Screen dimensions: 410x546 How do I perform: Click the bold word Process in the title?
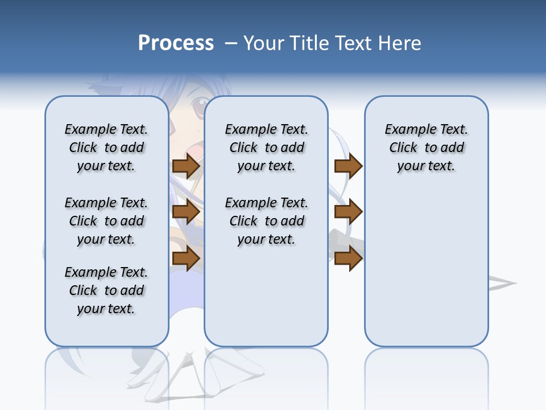[x=176, y=43]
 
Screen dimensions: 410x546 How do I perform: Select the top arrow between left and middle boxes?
[x=186, y=166]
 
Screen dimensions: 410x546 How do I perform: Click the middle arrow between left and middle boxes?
[x=186, y=212]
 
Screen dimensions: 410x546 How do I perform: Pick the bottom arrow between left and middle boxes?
[x=186, y=258]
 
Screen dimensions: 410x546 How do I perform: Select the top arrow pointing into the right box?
[x=348, y=166]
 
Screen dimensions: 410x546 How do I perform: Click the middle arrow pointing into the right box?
[x=348, y=212]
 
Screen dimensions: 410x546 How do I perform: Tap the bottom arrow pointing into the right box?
[x=348, y=258]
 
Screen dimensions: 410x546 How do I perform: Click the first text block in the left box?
[x=106, y=147]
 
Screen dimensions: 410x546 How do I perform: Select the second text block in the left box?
[x=106, y=221]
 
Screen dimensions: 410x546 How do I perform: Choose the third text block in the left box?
[x=106, y=290]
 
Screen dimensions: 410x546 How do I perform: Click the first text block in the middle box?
[x=267, y=147]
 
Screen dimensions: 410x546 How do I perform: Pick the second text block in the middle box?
[x=267, y=221]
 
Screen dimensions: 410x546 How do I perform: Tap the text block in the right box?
[x=427, y=147]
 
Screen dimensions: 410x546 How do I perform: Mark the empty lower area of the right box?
[x=427, y=268]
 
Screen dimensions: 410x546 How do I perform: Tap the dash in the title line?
[x=231, y=43]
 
